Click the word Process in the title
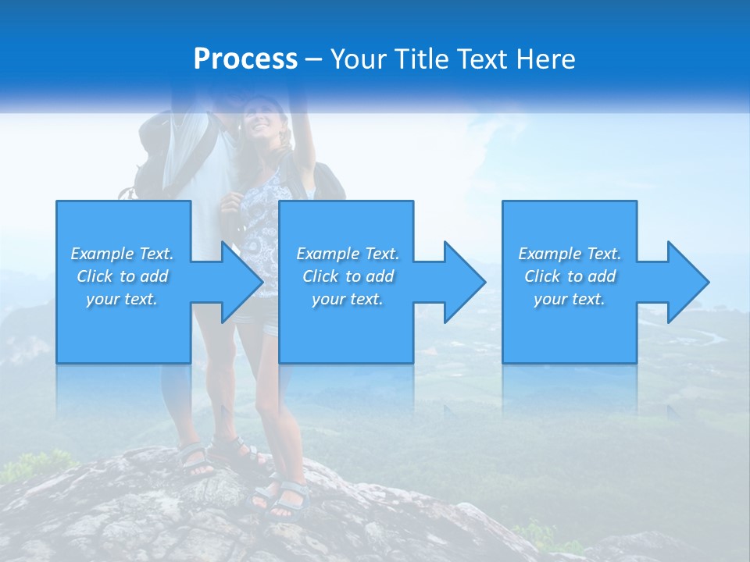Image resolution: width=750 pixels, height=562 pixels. click(x=245, y=59)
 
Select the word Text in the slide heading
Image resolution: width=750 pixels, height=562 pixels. click(x=481, y=59)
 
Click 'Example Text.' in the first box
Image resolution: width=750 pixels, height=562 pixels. click(x=122, y=254)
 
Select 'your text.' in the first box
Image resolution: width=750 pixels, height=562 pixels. click(x=122, y=299)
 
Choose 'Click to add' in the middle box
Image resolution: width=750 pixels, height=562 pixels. click(x=348, y=276)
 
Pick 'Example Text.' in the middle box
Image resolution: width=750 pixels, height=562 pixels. click(x=348, y=254)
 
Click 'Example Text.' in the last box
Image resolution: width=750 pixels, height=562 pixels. click(x=570, y=254)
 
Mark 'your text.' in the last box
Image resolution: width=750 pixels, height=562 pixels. click(x=570, y=299)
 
